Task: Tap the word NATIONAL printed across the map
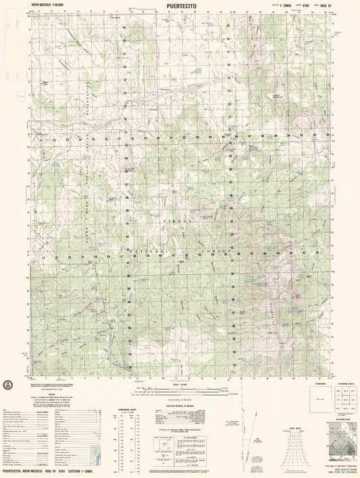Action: (146, 251)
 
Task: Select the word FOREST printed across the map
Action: (209, 251)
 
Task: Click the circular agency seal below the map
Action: (8, 385)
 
